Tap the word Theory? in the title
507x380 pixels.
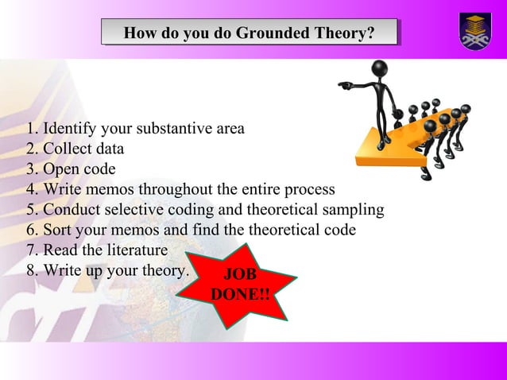tap(343, 33)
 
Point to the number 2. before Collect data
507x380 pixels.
tap(32, 149)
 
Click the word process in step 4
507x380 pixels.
tap(309, 190)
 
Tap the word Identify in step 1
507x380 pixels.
tap(69, 128)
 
